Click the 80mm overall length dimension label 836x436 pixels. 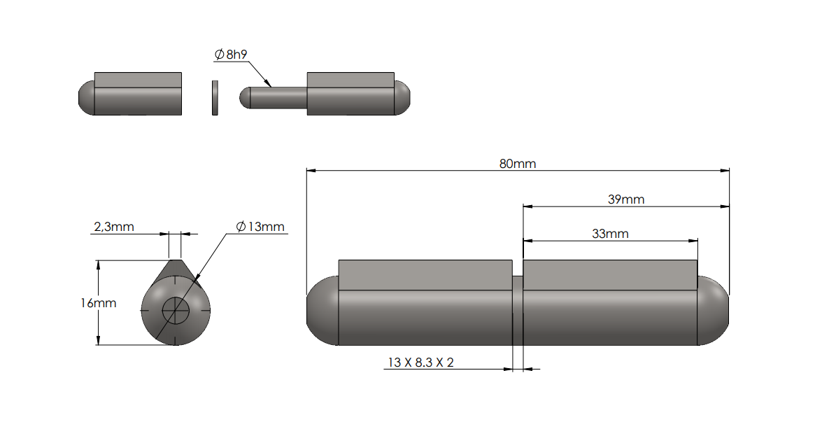click(517, 164)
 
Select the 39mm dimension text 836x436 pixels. click(625, 199)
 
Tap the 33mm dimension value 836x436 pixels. click(610, 234)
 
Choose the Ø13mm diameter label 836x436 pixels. click(260, 226)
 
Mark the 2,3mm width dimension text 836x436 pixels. click(114, 226)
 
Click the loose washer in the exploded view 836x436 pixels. click(215, 97)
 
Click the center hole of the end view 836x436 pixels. click(176, 309)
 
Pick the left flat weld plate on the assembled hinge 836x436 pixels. click(425, 274)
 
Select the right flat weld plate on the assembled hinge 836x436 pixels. click(610, 274)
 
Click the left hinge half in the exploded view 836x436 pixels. click(133, 94)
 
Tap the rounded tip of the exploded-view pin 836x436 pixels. click(245, 97)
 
